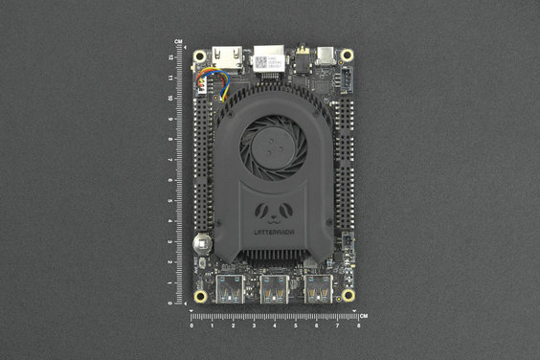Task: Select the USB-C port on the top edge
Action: click(x=328, y=56)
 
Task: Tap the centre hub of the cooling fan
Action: click(x=274, y=146)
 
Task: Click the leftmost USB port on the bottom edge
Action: click(x=231, y=288)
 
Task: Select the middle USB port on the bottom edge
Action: click(x=274, y=288)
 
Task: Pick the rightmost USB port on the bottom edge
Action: click(x=317, y=288)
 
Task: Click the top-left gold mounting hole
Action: click(x=201, y=56)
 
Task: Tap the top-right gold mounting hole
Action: click(x=348, y=56)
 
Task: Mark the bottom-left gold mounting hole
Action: click(x=200, y=296)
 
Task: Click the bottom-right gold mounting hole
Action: click(x=348, y=296)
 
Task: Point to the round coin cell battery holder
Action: click(x=203, y=243)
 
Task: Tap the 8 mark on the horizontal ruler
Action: click(x=357, y=326)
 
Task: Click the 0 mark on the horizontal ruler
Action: click(x=191, y=326)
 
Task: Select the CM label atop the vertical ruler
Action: click(x=179, y=41)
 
